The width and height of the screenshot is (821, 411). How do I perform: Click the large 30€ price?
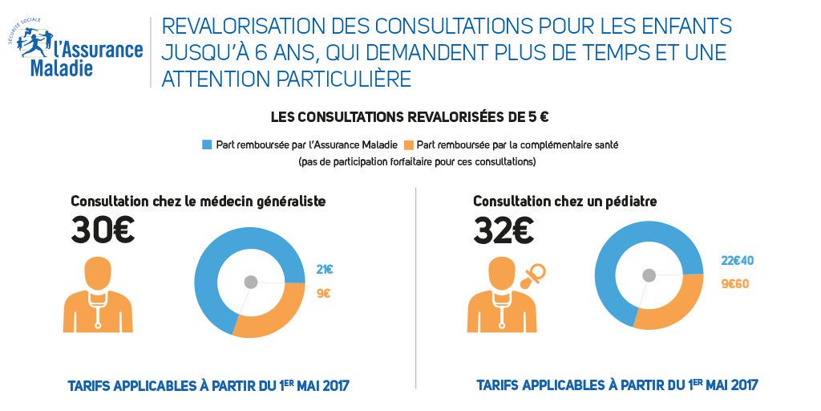[103, 231]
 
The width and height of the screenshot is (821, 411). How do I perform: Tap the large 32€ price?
[504, 231]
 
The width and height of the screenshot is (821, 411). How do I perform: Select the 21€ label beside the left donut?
[324, 270]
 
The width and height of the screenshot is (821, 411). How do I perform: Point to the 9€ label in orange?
[323, 294]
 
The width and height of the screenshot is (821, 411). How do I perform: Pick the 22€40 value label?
[738, 260]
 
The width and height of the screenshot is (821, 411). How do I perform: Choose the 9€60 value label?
[734, 283]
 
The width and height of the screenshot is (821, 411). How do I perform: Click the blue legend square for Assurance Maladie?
[208, 144]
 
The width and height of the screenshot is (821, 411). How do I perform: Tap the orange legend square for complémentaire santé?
[410, 144]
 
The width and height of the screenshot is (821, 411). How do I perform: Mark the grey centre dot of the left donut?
[251, 282]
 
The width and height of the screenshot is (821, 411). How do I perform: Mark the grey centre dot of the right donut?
[649, 275]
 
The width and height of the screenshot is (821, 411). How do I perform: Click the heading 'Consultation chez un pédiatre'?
[560, 201]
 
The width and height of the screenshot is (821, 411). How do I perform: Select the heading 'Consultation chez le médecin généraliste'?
[198, 201]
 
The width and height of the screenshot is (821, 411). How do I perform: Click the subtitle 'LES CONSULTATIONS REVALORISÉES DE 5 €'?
[410, 117]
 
